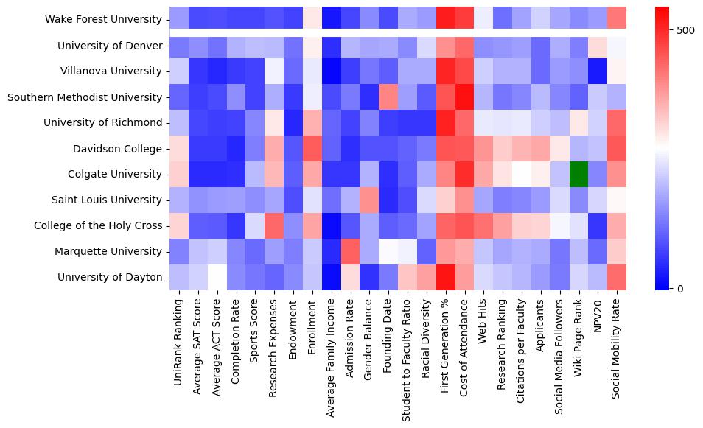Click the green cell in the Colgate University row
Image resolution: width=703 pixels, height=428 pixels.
578,175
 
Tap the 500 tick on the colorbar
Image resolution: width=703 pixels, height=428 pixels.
685,30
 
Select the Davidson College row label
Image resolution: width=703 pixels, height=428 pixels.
118,149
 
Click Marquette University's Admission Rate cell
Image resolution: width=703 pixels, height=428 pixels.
350,251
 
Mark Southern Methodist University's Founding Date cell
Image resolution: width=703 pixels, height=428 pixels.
388,97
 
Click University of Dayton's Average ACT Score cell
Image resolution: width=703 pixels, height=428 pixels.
216,277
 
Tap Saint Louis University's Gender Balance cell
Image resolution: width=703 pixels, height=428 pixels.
368,200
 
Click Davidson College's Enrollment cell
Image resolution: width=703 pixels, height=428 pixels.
311,149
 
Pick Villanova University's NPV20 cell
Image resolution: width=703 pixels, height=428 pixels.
598,71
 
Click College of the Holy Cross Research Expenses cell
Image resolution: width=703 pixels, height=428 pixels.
273,225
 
